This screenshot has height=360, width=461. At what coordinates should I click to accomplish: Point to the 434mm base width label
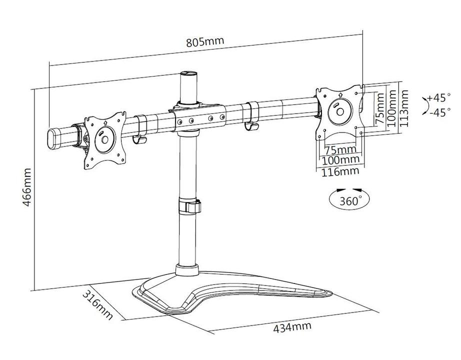tap(292, 328)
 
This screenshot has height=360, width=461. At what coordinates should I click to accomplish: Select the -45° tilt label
tap(438, 112)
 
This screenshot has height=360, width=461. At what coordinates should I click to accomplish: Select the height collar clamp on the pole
tap(187, 206)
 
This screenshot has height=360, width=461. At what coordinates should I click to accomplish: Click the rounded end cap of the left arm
tap(52, 138)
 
